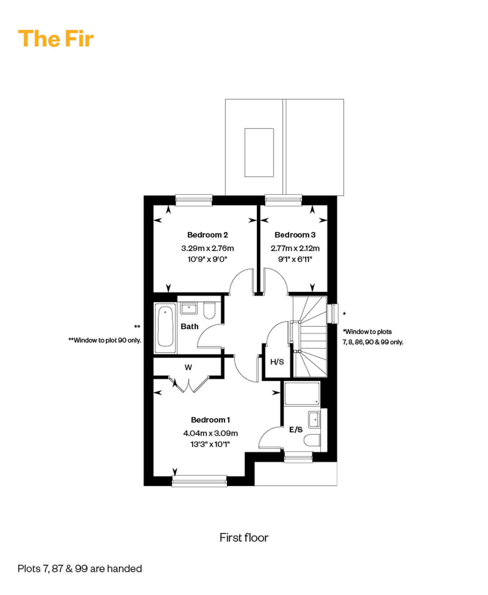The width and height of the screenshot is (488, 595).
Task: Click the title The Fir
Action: (x=56, y=39)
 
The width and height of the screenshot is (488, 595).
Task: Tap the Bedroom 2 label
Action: (x=208, y=235)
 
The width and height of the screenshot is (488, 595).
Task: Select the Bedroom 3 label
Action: (x=295, y=235)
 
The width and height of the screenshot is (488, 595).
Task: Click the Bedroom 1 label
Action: (x=210, y=420)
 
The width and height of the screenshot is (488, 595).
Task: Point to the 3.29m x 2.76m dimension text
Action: (x=208, y=248)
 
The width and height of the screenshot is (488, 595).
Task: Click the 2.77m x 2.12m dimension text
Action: (x=295, y=248)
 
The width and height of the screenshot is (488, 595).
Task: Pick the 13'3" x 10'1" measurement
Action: (x=210, y=444)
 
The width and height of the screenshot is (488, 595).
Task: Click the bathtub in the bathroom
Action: (x=165, y=328)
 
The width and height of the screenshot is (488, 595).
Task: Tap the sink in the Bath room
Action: (x=189, y=308)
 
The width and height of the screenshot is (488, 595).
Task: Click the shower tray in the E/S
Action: (x=302, y=394)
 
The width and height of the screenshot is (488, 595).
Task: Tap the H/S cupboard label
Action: (x=277, y=362)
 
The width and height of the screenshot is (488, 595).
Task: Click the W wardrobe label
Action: (x=188, y=367)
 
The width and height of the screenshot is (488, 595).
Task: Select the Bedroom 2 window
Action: (x=194, y=200)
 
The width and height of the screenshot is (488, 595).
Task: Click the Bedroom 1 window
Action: (x=199, y=481)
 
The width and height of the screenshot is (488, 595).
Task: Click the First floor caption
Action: (x=244, y=538)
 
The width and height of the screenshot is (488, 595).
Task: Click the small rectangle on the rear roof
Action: (x=259, y=153)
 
